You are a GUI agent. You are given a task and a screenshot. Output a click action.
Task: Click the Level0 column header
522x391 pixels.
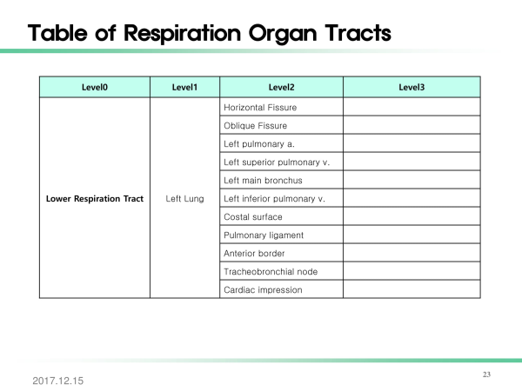95,87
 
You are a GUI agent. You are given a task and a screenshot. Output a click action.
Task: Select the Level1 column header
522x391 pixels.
184,87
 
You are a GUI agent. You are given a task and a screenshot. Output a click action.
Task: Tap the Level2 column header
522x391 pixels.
281,87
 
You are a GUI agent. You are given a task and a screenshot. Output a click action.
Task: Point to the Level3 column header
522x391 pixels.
412,87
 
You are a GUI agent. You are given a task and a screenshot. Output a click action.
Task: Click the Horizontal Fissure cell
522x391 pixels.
260,108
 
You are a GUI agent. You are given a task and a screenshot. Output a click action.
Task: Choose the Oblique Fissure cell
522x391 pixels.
255,126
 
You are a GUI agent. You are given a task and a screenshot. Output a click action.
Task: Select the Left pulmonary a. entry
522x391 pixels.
259,144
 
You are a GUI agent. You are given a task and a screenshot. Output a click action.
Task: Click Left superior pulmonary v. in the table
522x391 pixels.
277,162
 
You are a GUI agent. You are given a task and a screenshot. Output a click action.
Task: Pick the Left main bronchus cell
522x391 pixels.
263,181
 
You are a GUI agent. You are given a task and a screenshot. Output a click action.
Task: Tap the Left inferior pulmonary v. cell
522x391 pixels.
274,199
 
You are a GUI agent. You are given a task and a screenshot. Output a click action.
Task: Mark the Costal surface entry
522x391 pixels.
253,217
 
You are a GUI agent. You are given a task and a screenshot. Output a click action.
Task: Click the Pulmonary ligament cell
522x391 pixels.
264,235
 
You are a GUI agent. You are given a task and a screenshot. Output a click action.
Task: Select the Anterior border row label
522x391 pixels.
254,254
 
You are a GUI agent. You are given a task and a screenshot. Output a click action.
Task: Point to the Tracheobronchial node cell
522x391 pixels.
271,272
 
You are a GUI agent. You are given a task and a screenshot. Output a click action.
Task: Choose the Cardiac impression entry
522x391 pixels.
263,290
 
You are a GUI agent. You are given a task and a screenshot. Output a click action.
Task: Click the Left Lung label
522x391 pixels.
184,199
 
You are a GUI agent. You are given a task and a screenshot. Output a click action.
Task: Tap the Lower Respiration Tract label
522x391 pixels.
95,199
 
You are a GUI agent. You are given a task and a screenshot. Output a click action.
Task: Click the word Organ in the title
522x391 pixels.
283,34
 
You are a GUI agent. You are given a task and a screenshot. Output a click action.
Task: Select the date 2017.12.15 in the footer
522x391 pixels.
58,381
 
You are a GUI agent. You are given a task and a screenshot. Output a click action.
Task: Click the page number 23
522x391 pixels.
486,374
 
